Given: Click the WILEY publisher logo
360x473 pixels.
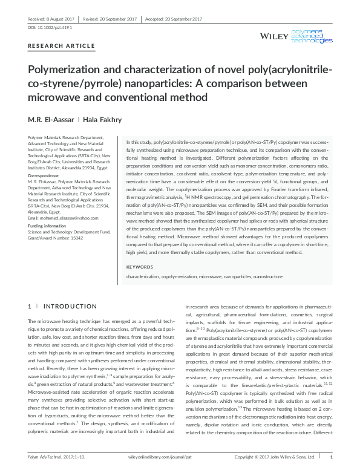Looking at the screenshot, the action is pos(275,37).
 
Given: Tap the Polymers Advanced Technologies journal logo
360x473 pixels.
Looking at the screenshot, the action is pos(312,36).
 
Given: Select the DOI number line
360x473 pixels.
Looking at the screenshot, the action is pos(42,28).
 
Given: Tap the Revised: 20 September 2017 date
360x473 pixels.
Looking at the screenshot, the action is pos(112,19).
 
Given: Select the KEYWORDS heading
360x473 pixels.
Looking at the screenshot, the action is pos(139,267).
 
